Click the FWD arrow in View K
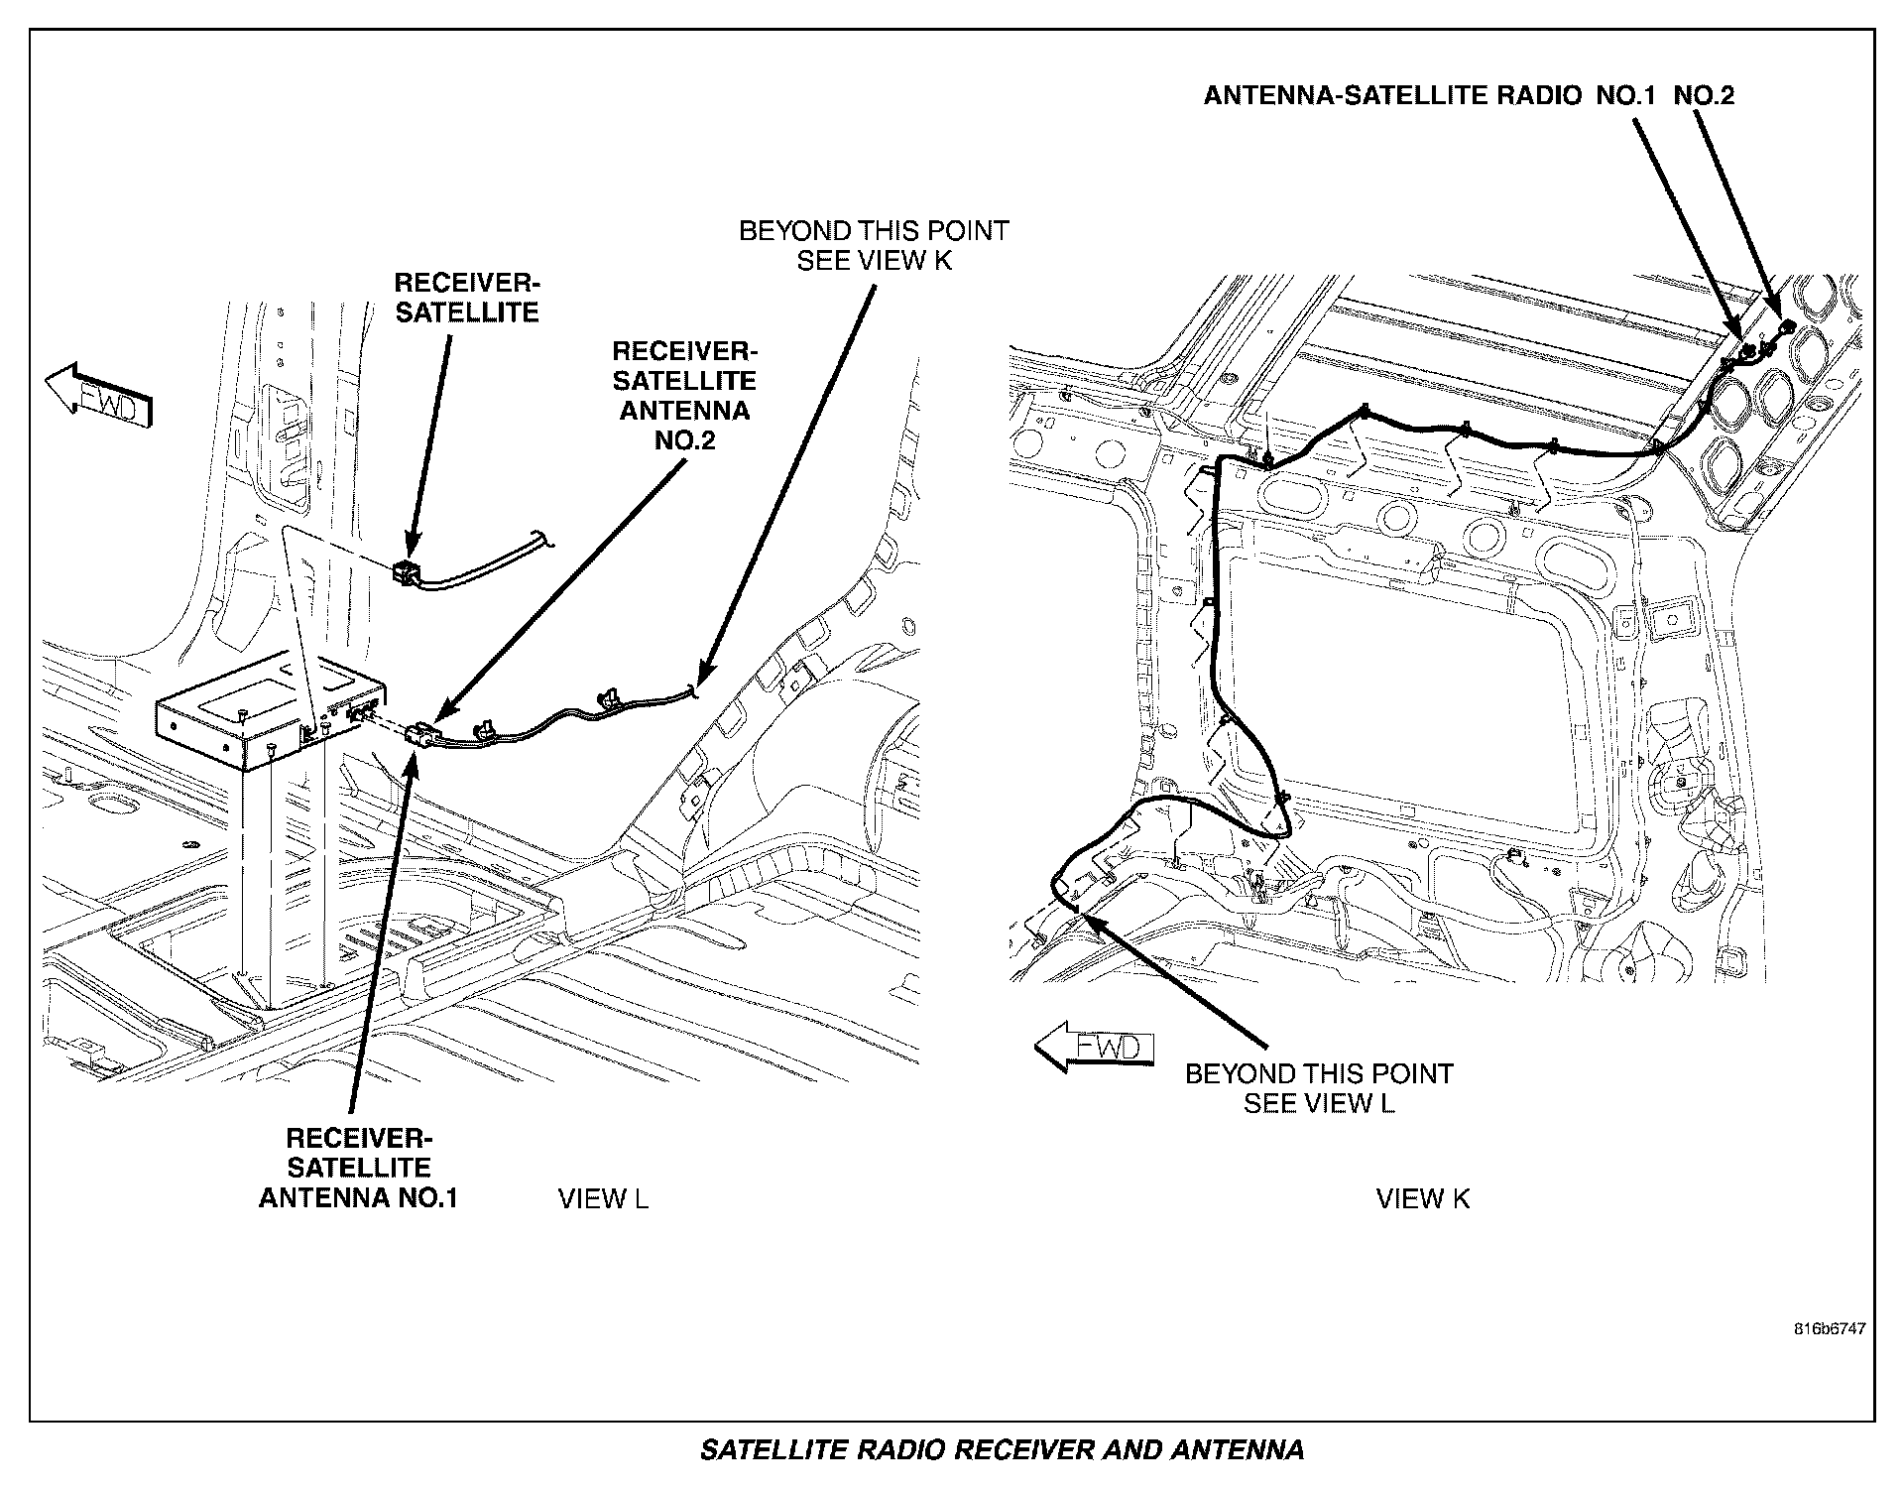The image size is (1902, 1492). pyautogui.click(x=1094, y=1048)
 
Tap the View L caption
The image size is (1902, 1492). pyautogui.click(x=603, y=1198)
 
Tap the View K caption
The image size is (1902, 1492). pyautogui.click(x=1423, y=1198)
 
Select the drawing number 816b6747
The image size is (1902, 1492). pyautogui.click(x=1829, y=1328)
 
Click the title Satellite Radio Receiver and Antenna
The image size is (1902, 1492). pyautogui.click(x=1002, y=1450)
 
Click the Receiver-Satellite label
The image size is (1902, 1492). pyautogui.click(x=466, y=298)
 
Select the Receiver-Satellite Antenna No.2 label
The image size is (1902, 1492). pyautogui.click(x=684, y=395)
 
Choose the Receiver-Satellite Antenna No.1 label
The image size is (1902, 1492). pyautogui.click(x=358, y=1168)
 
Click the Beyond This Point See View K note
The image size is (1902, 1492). pyautogui.click(x=874, y=245)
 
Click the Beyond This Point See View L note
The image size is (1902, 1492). pyautogui.click(x=1319, y=1088)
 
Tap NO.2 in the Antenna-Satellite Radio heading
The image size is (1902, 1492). pyautogui.click(x=1704, y=95)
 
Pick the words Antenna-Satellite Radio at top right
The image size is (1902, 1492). pyautogui.click(x=1392, y=95)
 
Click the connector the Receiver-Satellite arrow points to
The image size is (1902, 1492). pyautogui.click(x=407, y=571)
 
